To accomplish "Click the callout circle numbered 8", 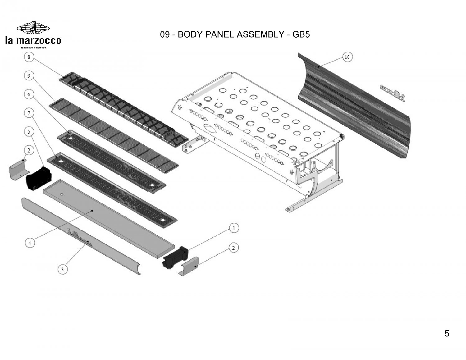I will click(29, 57).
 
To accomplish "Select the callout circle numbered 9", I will click(29, 76).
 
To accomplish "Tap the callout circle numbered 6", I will click(29, 95).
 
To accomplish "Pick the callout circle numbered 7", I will click(29, 113).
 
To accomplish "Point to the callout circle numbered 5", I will click(29, 132).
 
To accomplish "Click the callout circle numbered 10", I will click(347, 57).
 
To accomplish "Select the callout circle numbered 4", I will click(30, 243).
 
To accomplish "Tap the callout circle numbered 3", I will click(62, 269).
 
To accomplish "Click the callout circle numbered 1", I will click(234, 228).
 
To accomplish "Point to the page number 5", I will click(447, 334).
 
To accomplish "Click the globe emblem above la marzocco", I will click(33, 28).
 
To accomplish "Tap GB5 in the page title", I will click(301, 34).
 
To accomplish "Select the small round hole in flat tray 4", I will click(62, 194).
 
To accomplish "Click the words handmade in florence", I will click(33, 48).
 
